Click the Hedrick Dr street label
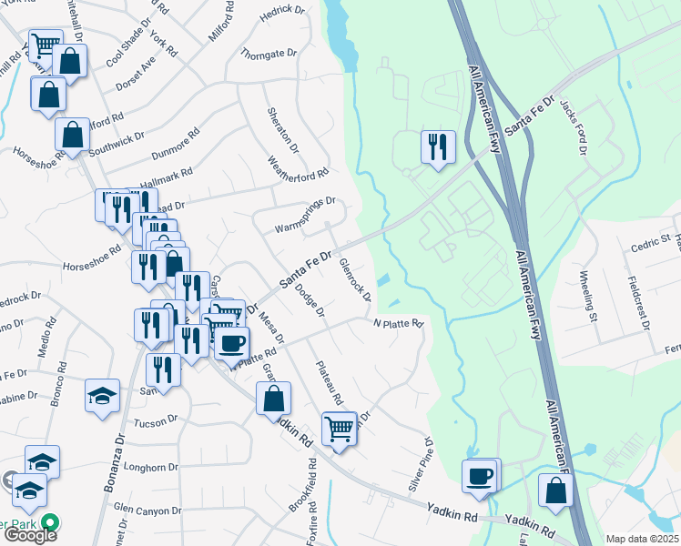tap(281, 10)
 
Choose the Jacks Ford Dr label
tap(578, 127)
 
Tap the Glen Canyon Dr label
tap(148, 511)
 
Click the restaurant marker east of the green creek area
tap(438, 147)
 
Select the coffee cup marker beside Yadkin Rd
tap(480, 475)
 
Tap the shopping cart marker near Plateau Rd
tap(339, 428)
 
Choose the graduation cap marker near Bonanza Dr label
tap(102, 396)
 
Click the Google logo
tap(29, 534)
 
